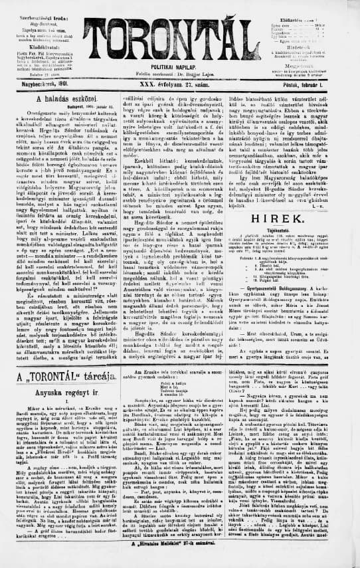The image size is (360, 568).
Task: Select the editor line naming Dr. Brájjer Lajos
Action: coord(179,75)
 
